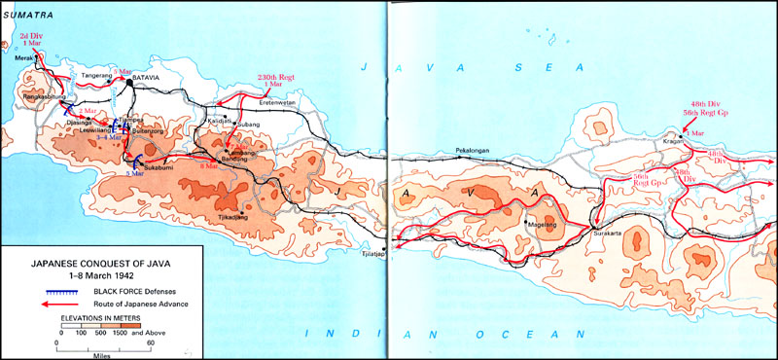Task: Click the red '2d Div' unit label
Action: tap(32, 35)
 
